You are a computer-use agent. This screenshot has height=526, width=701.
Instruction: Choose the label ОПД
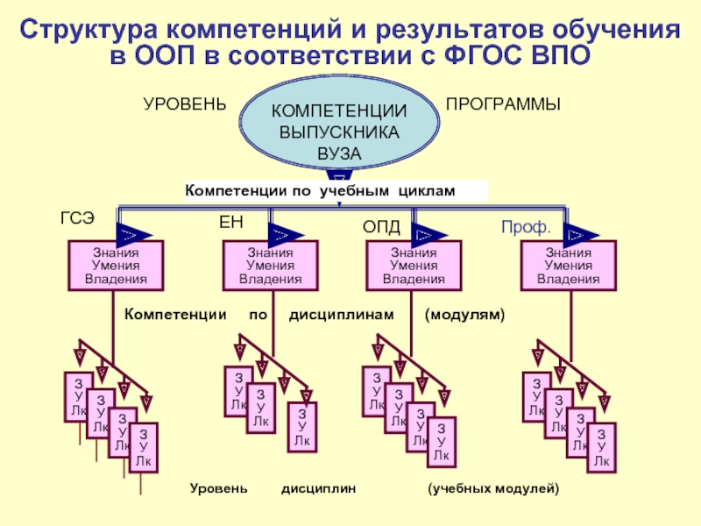[x=381, y=228]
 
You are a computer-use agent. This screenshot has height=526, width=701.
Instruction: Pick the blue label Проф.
[x=526, y=228]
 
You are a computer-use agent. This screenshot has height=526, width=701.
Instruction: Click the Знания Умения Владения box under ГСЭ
[x=116, y=267]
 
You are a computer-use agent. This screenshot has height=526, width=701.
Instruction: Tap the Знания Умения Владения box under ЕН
[x=270, y=267]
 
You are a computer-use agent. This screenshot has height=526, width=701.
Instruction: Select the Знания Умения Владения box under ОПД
[x=413, y=267]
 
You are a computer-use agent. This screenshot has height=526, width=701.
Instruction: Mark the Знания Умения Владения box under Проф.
[x=568, y=267]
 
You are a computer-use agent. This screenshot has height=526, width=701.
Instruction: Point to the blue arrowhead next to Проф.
[x=577, y=234]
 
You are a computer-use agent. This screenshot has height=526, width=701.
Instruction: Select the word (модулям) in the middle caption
[x=465, y=313]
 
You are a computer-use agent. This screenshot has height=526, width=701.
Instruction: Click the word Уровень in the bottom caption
[x=219, y=487]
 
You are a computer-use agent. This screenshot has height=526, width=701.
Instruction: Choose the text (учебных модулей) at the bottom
[x=492, y=487]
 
